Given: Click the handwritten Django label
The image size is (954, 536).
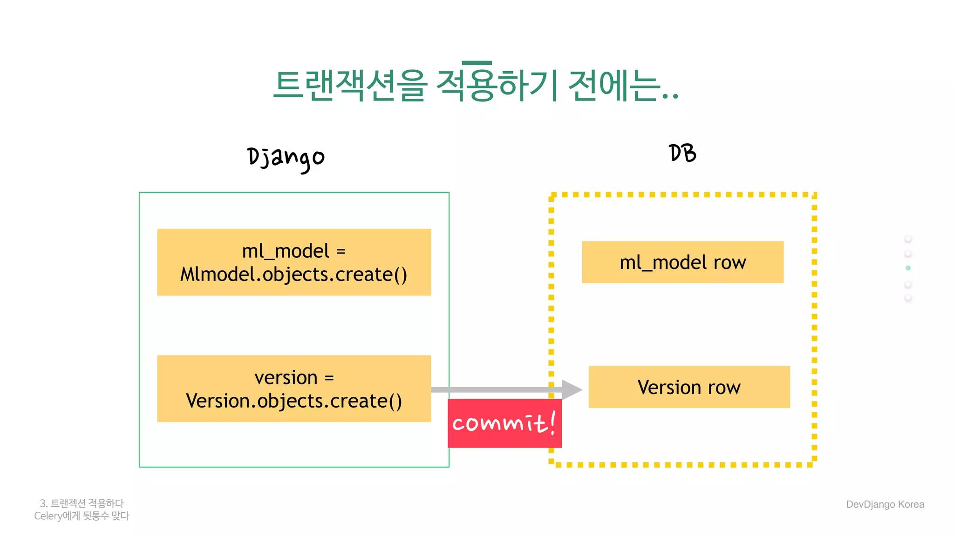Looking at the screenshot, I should click(x=285, y=158).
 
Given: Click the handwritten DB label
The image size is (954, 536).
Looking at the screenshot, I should click(x=682, y=153).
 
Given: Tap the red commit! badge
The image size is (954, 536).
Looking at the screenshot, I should click(x=504, y=423).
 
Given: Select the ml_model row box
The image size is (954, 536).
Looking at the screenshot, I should click(x=682, y=262).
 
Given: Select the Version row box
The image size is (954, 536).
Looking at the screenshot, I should click(x=689, y=387).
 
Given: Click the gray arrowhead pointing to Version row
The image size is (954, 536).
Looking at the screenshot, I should click(x=571, y=389).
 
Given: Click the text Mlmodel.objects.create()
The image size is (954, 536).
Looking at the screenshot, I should click(x=293, y=275).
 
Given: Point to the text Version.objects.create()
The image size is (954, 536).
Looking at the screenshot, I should click(x=293, y=401).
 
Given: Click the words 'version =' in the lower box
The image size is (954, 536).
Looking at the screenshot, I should click(x=294, y=377).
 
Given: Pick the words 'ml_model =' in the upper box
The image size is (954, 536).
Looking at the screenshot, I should click(x=294, y=251).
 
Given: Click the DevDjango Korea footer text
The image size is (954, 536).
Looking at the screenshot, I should click(x=885, y=504).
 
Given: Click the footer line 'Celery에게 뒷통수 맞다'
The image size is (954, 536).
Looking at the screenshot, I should click(x=82, y=516).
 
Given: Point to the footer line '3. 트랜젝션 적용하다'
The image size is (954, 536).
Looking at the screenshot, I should click(x=82, y=503).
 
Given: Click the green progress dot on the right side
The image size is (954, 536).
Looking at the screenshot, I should click(x=908, y=268).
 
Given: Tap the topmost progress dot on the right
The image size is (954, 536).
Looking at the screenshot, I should click(x=908, y=239).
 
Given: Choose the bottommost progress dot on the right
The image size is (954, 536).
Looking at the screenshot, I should click(x=908, y=297).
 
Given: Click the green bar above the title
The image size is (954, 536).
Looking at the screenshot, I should click(x=477, y=63).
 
